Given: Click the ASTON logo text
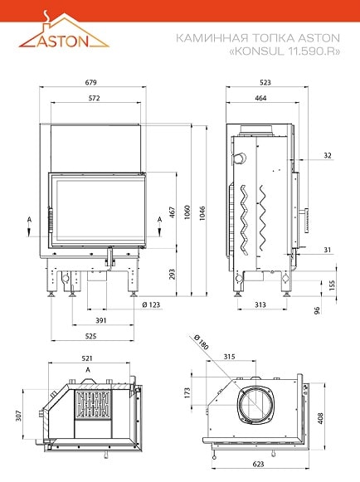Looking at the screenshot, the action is point(63,41).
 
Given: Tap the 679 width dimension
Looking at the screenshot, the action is point(90,82).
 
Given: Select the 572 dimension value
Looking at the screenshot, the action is point(94,98).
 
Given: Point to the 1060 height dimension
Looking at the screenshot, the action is point(187,212).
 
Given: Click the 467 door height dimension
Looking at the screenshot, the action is point(173,212).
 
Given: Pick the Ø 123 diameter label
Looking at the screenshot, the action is point(151,305).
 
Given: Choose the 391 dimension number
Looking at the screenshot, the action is point(100,320).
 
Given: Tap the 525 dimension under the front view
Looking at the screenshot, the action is point(90,336).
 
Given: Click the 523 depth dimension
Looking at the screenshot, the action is point(265,82).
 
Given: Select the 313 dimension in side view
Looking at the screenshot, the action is point(260,304).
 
